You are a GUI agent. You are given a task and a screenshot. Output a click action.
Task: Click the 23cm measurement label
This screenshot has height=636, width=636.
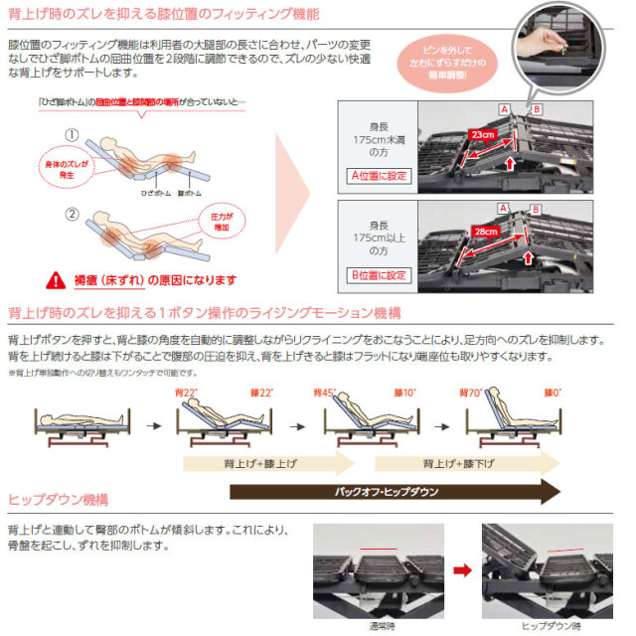pos(481,133)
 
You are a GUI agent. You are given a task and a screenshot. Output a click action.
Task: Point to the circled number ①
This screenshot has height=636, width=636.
pos(72,135)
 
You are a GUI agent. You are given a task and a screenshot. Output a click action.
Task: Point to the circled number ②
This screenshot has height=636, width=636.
pos(72,213)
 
